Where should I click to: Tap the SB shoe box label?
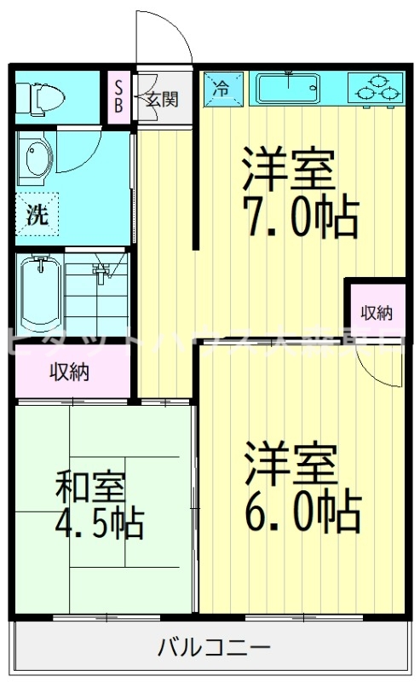[118, 96]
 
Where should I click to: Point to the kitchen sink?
[289, 87]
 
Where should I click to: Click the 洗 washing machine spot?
[37, 215]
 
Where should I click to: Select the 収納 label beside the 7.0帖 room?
[376, 313]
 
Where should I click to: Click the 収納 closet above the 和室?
[70, 372]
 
